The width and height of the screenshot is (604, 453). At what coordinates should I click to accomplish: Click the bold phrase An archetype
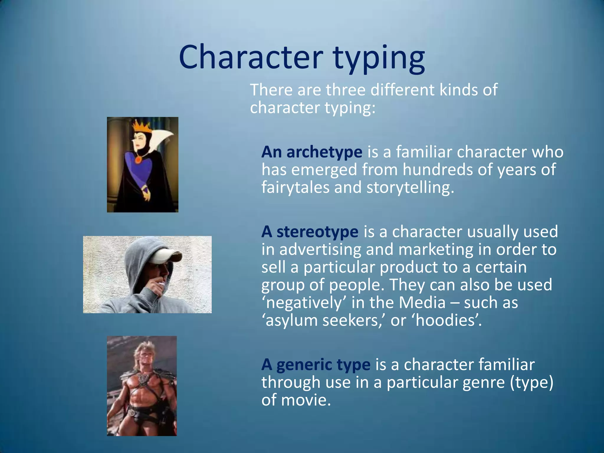312,152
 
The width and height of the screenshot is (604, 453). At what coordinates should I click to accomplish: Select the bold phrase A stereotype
310,232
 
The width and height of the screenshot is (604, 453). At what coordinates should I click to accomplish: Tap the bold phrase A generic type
316,365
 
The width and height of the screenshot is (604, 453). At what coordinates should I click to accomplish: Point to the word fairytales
295,188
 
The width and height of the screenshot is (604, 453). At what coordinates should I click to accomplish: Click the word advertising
320,250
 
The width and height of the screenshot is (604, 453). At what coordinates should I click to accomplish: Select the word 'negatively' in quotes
304,303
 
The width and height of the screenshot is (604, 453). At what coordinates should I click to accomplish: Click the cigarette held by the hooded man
162,284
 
